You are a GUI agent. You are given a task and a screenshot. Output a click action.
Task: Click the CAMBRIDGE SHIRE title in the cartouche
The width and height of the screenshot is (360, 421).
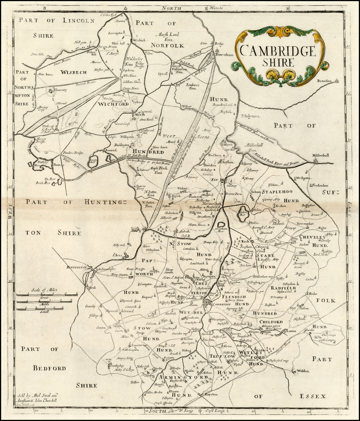tap(278, 56)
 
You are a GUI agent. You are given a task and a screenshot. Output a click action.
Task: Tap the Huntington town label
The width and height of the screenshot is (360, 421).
tap(76, 268)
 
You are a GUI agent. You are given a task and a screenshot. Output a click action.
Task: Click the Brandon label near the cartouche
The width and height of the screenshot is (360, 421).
tap(324, 81)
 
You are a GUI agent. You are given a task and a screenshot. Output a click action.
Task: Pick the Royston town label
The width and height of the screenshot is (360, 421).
tap(211, 394)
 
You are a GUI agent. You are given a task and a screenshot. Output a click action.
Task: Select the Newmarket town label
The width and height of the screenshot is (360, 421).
tap(304, 223)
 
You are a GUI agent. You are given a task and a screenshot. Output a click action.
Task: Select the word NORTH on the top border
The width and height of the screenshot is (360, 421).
tap(172, 8)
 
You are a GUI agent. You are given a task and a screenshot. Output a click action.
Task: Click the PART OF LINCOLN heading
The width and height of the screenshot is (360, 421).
tap(57, 20)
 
